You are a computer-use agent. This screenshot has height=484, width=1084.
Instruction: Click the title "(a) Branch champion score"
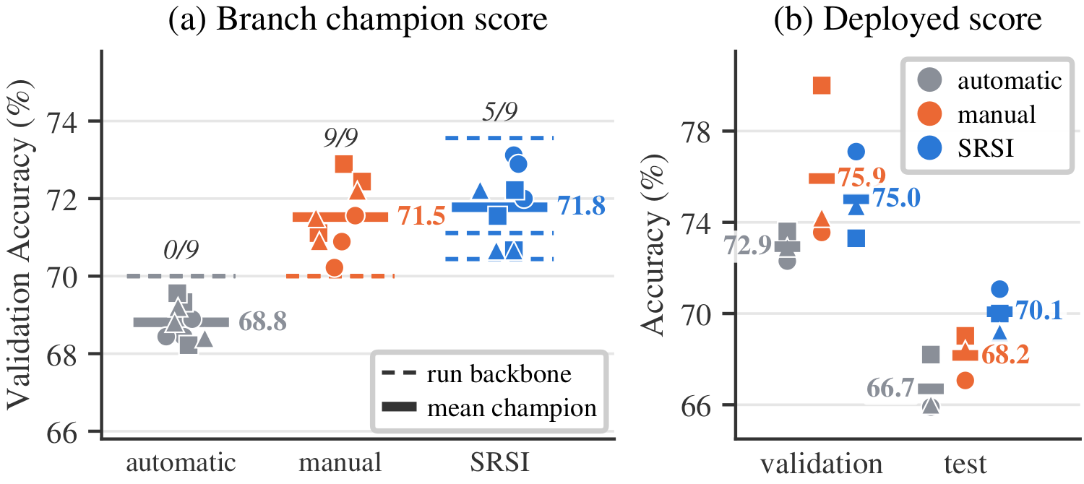tap(358, 20)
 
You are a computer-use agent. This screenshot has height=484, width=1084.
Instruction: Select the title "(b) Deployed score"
tap(908, 20)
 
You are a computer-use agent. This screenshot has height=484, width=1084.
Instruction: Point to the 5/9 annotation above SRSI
tap(500, 112)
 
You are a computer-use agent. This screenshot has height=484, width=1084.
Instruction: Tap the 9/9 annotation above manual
tap(340, 138)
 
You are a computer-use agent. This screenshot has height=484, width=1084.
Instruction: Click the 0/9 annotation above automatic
tap(181, 249)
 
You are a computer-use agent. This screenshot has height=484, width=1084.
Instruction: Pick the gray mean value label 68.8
tap(263, 321)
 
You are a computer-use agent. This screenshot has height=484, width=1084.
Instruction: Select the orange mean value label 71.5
tap(421, 216)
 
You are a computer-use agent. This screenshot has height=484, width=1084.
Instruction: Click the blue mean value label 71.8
tap(581, 206)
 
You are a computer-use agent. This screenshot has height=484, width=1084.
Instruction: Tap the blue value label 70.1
tap(1039, 311)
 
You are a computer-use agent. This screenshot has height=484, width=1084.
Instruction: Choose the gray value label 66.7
tap(890, 388)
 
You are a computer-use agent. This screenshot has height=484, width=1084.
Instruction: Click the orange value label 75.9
tap(862, 177)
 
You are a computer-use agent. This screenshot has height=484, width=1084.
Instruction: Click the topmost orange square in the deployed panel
tap(822, 85)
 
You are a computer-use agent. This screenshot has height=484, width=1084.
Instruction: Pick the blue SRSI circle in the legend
tap(929, 148)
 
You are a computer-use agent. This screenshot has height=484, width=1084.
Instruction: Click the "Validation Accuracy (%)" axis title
tap(20, 245)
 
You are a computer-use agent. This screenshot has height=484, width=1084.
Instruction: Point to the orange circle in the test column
tap(965, 381)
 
